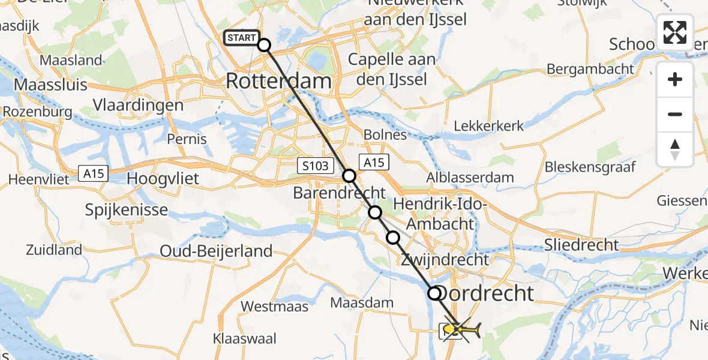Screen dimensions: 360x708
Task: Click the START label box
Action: click(x=242, y=38)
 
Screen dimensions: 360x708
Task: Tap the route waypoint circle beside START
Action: click(x=264, y=44)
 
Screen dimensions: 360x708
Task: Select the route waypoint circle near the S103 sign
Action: click(x=349, y=176)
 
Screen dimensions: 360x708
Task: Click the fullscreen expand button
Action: click(x=675, y=32)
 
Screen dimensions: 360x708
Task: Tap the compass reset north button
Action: click(x=675, y=149)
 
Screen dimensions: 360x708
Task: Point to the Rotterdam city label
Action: click(x=278, y=81)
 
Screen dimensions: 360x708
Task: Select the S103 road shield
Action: click(x=316, y=166)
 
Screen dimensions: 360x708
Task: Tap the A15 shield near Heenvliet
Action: click(x=93, y=175)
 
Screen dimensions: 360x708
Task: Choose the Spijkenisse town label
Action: click(x=126, y=211)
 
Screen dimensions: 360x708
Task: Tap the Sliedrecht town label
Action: click(x=581, y=244)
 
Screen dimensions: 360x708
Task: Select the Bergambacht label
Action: click(x=590, y=68)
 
